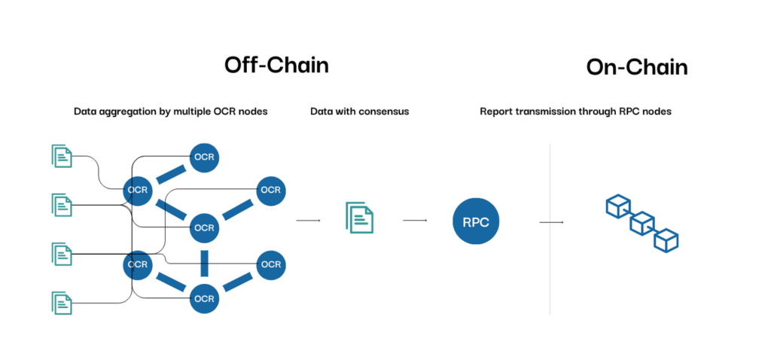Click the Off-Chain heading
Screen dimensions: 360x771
click(x=276, y=66)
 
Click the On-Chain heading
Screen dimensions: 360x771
click(x=637, y=68)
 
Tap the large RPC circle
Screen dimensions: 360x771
click(x=476, y=221)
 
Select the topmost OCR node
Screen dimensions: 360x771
click(x=205, y=156)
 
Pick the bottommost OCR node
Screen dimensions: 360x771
click(x=204, y=299)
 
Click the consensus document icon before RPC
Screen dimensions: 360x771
click(x=359, y=217)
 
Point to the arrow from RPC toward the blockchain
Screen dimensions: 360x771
click(x=551, y=222)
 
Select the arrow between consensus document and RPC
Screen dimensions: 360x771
click(x=415, y=221)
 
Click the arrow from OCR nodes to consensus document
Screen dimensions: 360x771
click(x=308, y=221)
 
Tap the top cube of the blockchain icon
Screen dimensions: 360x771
click(x=618, y=206)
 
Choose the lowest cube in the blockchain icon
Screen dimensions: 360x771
click(x=666, y=240)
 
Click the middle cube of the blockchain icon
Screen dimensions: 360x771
click(x=642, y=223)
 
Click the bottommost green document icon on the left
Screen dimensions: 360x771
click(x=61, y=302)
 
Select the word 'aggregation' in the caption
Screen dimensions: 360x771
click(x=129, y=111)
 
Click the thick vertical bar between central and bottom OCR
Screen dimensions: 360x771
click(x=204, y=263)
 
